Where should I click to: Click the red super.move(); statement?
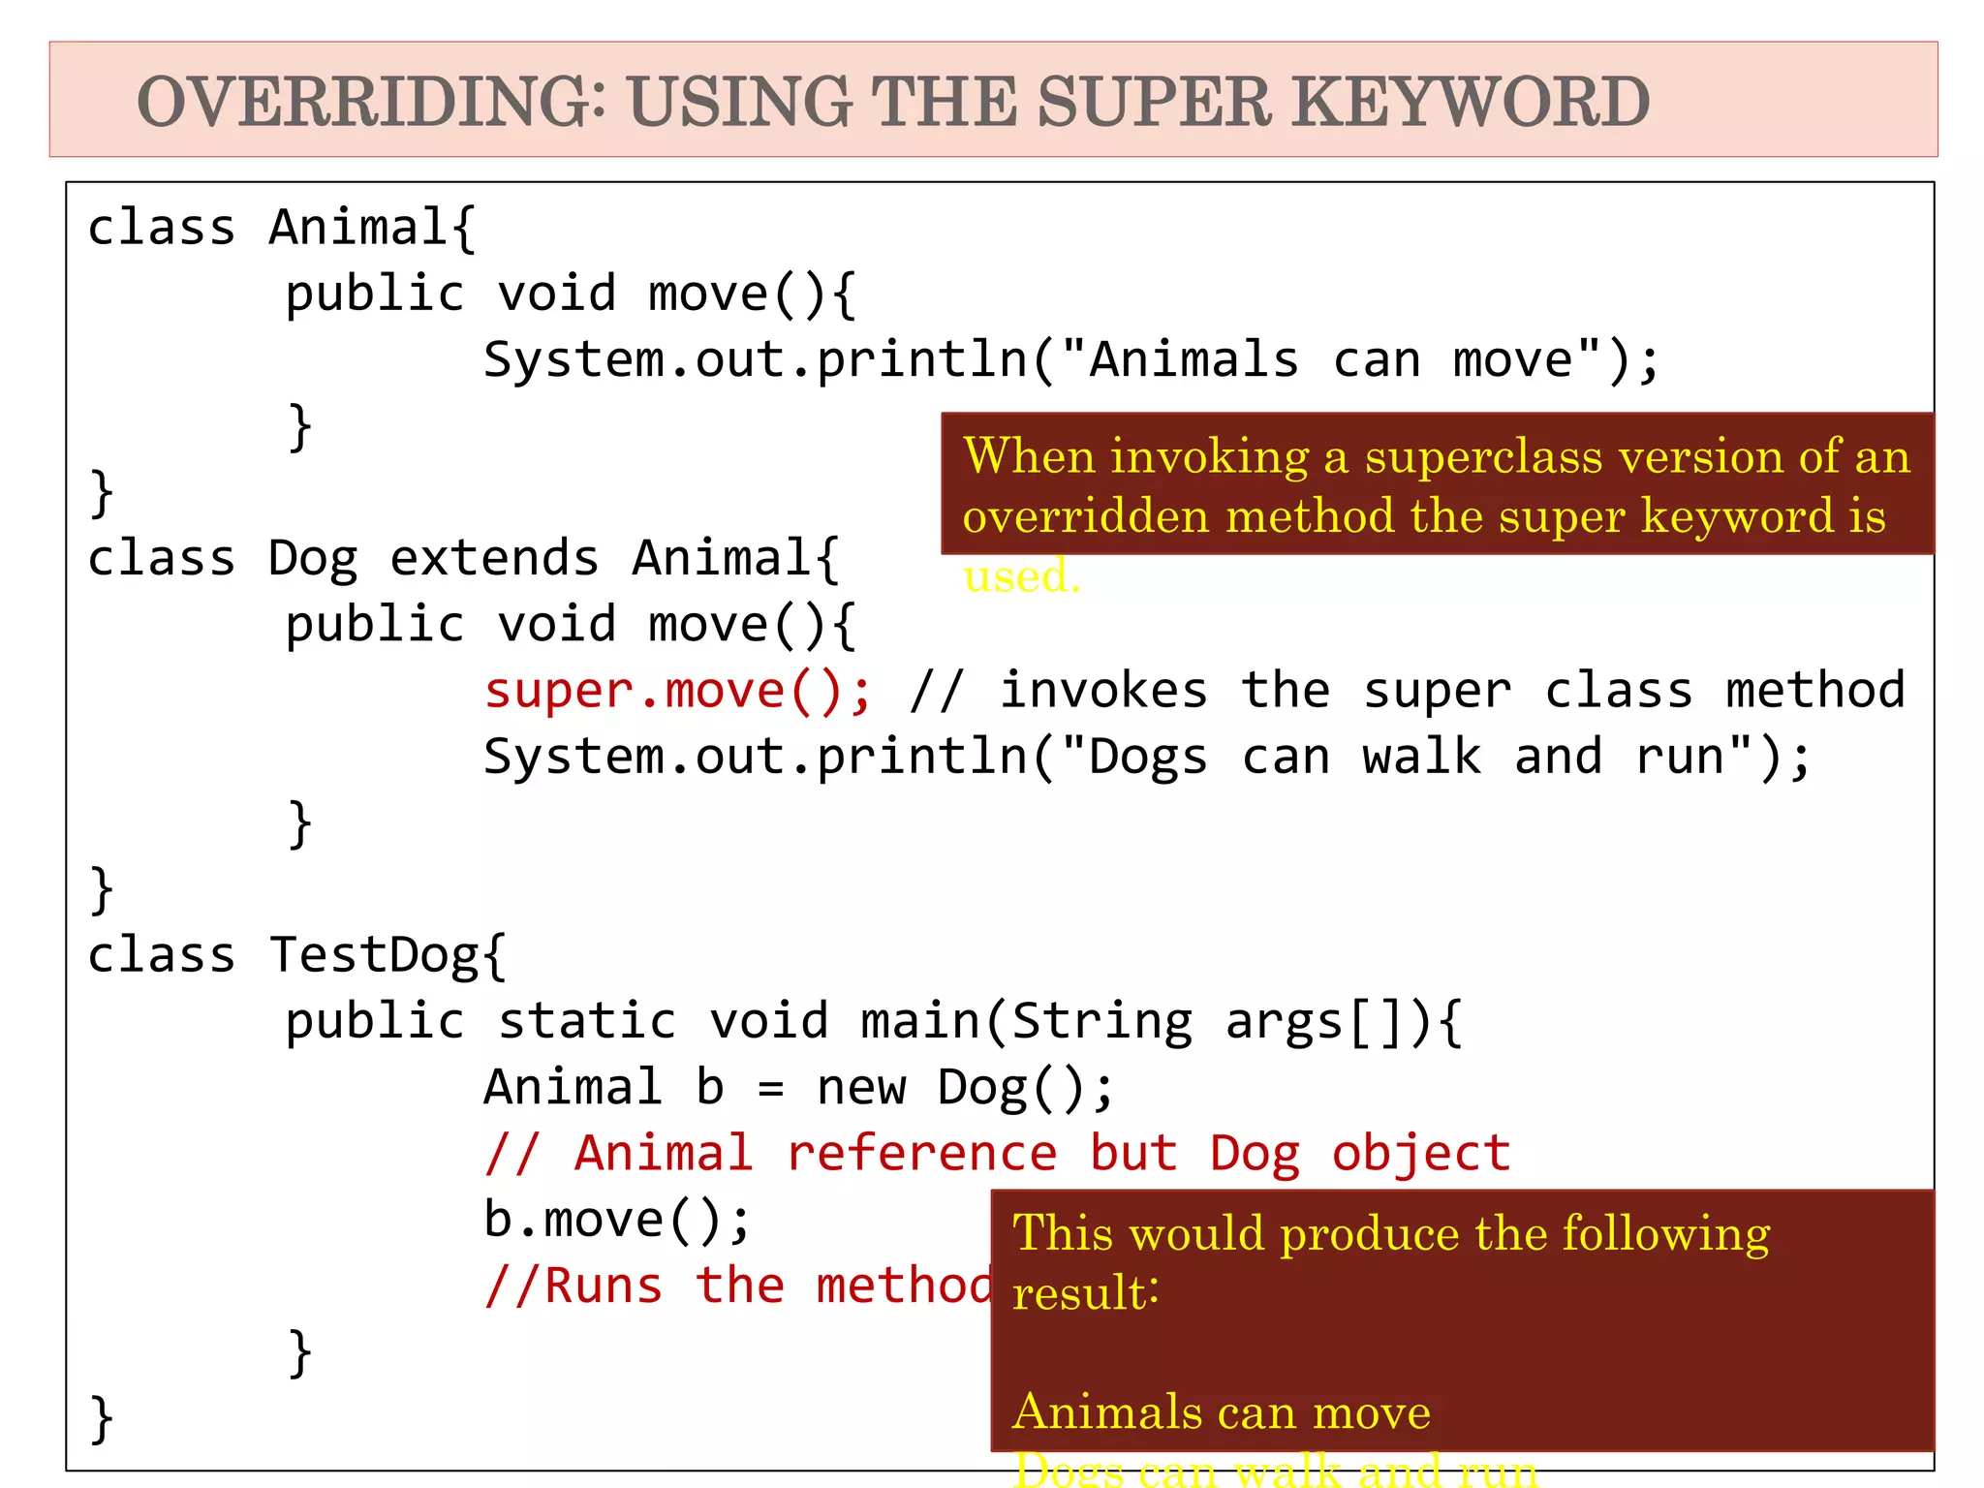pyautogui.click(x=678, y=692)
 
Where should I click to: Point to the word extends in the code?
pyautogui.click(x=494, y=559)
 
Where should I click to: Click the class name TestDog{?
pyautogui.click(x=387, y=956)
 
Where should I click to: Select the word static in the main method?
pyautogui.click(x=587, y=1022)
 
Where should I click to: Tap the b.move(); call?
pyautogui.click(x=617, y=1220)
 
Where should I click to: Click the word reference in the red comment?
pyautogui.click(x=921, y=1154)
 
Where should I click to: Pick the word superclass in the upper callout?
pyautogui.click(x=1483, y=456)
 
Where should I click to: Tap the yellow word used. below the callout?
pyautogui.click(x=1021, y=576)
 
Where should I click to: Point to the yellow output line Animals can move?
pyautogui.click(x=1221, y=1412)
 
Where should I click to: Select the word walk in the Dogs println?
pyautogui.click(x=1421, y=758)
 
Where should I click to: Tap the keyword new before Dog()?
pyautogui.click(x=860, y=1088)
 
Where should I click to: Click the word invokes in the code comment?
pyautogui.click(x=1103, y=692)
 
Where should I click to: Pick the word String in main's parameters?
pyautogui.click(x=1102, y=1022)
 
